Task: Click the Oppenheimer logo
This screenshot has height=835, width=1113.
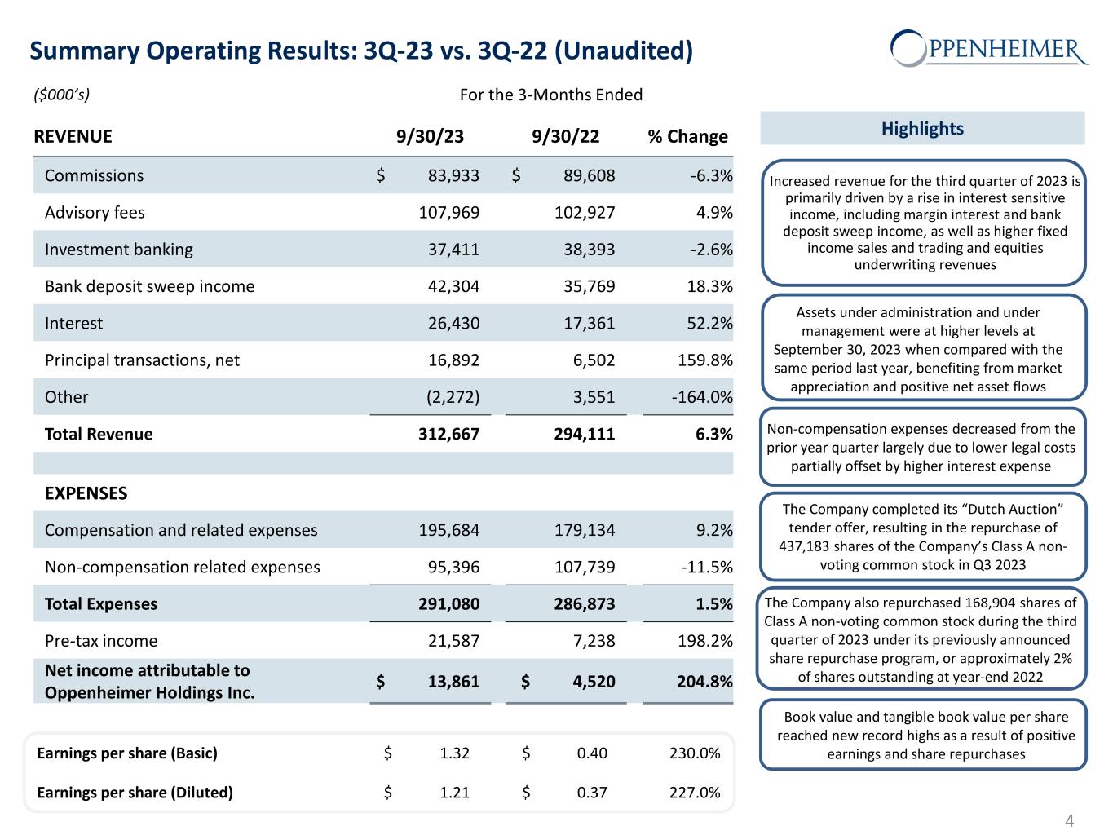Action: (988, 48)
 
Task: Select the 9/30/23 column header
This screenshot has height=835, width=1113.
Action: (430, 136)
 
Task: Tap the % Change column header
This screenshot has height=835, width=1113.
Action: (687, 136)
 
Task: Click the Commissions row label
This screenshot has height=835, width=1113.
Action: (94, 175)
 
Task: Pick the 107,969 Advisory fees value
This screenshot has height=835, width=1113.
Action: (448, 213)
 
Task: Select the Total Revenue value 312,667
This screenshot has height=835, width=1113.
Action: (448, 434)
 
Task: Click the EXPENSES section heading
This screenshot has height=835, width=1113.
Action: (86, 493)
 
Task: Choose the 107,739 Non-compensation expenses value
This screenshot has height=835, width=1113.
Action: (584, 567)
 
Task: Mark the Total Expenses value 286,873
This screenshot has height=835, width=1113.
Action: (584, 604)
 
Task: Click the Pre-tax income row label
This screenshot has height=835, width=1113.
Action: (100, 641)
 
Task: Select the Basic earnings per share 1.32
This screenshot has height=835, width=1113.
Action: (454, 753)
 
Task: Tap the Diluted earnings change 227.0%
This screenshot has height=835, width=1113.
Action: (695, 793)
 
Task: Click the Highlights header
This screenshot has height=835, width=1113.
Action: (922, 129)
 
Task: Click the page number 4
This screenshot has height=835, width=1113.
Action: (1071, 820)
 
